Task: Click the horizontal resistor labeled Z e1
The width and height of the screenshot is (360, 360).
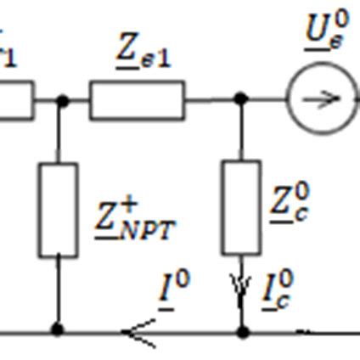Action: click(x=137, y=100)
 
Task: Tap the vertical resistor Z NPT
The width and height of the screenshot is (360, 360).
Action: click(x=58, y=210)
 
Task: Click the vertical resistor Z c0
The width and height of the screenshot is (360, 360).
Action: click(x=241, y=207)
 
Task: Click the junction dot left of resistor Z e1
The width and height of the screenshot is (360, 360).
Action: click(x=61, y=100)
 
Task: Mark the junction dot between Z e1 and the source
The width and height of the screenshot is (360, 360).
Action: click(x=241, y=99)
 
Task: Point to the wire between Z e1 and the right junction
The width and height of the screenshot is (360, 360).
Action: click(x=212, y=99)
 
